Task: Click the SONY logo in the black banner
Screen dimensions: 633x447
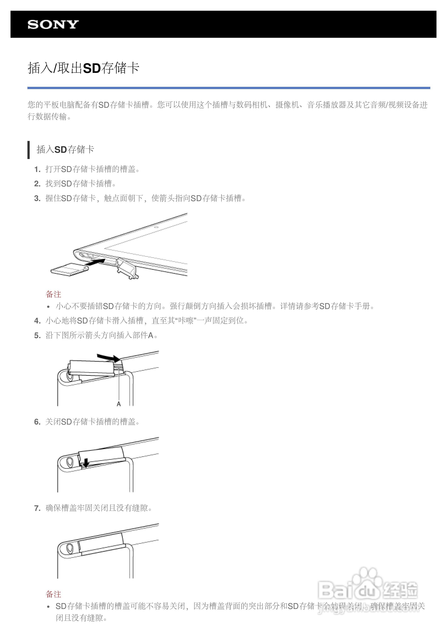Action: [53, 25]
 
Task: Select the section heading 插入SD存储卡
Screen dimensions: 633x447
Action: [65, 150]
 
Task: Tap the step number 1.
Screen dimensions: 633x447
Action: [37, 169]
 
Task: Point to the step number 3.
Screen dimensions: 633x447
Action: [37, 198]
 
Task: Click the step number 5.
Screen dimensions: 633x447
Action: [37, 335]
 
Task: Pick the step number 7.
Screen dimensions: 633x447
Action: [37, 508]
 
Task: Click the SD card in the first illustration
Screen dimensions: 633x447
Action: [69, 269]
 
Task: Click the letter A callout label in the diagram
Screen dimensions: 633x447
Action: [119, 404]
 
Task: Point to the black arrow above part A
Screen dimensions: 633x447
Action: [109, 358]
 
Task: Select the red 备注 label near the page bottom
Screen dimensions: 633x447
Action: [53, 594]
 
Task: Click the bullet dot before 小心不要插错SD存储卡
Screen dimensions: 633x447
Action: [48, 307]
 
